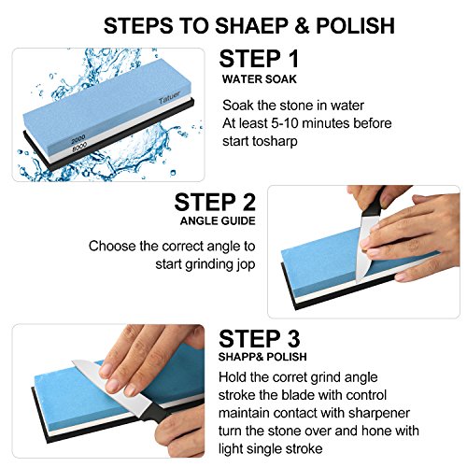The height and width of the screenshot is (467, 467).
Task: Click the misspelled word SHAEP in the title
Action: coord(251,25)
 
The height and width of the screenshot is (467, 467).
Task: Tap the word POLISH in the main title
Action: coord(356,25)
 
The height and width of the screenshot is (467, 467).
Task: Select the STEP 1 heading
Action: coord(259,59)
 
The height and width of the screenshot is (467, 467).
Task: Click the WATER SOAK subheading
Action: coord(260,79)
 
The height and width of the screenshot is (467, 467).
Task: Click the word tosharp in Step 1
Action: coord(275,141)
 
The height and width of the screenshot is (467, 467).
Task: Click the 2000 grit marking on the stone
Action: coord(78,139)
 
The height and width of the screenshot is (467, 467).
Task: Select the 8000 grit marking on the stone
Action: coord(79,147)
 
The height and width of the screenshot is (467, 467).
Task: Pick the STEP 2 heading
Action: coord(215,202)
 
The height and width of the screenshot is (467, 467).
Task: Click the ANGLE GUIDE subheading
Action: coord(218,220)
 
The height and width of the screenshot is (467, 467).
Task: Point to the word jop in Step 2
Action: coord(247,264)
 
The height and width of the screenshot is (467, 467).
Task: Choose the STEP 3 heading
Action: coord(259,338)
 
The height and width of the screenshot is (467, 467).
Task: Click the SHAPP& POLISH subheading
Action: coord(262,357)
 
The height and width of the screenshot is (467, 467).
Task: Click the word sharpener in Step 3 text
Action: coord(379,414)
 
